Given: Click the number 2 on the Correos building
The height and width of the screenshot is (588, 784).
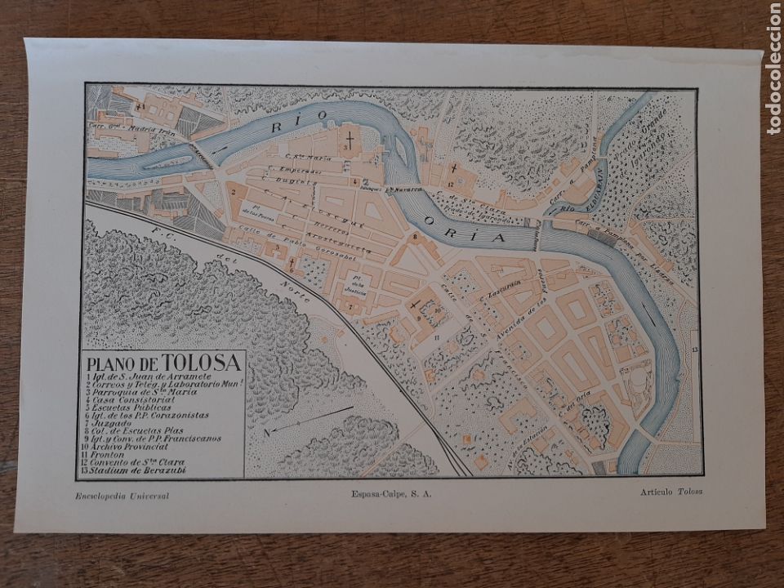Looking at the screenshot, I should pos(234,192).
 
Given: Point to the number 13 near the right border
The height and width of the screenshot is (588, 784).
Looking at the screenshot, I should pos(693,349).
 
